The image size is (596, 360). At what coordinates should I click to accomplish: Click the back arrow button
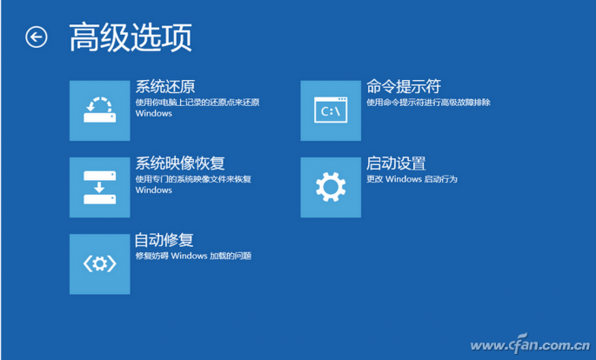(36, 37)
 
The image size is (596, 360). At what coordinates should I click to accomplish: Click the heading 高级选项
(130, 38)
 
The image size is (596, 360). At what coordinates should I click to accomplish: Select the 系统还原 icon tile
(99, 110)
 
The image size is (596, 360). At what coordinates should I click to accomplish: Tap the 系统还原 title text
(164, 87)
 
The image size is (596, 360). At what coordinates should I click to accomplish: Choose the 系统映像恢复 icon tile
(99, 187)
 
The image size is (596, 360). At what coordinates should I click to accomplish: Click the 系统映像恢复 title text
(180, 163)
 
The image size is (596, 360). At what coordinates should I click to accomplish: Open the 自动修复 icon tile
(99, 263)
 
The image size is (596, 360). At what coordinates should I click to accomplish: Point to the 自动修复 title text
(164, 240)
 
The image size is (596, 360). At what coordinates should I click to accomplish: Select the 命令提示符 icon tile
(331, 110)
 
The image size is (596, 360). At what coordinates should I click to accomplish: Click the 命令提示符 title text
(404, 87)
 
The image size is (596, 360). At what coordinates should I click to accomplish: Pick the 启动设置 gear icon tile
(331, 187)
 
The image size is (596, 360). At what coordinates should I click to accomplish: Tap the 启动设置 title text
(396, 163)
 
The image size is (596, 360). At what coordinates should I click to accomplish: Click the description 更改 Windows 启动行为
(412, 179)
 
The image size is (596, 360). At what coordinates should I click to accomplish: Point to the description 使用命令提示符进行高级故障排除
(428, 103)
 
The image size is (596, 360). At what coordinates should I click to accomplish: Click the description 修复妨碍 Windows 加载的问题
(193, 256)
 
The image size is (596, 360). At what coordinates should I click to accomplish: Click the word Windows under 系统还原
(154, 114)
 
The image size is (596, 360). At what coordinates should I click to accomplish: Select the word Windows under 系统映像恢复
(154, 190)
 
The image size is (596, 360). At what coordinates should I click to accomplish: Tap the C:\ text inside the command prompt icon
(330, 112)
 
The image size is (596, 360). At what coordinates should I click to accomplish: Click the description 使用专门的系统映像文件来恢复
(193, 179)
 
